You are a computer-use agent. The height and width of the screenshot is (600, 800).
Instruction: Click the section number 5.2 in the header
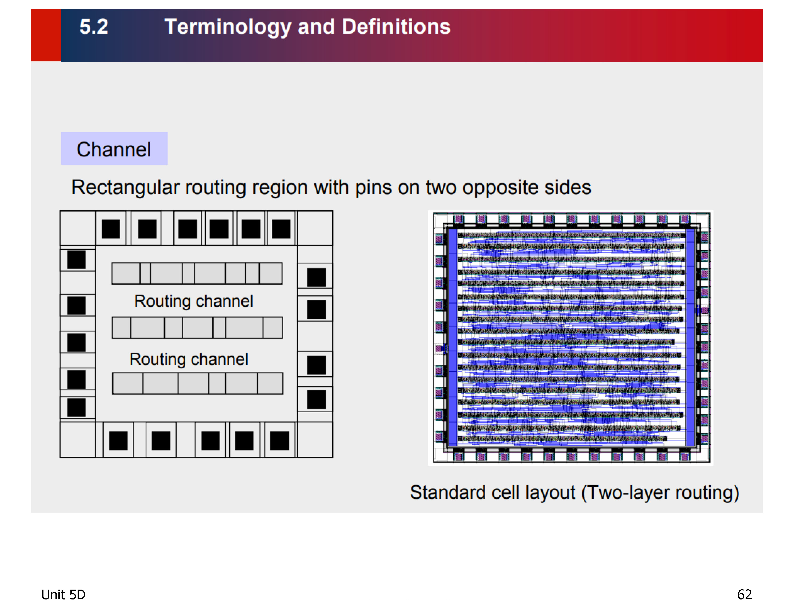[94, 27]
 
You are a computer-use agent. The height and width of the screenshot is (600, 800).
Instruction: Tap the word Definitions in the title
[396, 27]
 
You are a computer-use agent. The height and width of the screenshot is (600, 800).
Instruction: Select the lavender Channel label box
[114, 149]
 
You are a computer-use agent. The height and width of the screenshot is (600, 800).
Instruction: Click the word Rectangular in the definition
[125, 188]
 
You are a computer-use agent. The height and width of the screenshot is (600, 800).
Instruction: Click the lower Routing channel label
[189, 359]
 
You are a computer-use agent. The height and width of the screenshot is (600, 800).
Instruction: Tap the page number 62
[745, 594]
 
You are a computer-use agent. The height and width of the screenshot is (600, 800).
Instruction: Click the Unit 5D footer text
[63, 594]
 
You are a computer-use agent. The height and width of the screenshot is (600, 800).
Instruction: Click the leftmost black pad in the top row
[111, 229]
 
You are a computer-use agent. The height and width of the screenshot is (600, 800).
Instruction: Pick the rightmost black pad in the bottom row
[279, 441]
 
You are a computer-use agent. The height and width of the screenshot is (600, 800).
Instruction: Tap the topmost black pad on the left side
[76, 259]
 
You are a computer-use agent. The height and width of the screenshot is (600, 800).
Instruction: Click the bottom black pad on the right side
[317, 399]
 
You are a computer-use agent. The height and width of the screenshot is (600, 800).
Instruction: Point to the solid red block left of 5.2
[46, 35]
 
